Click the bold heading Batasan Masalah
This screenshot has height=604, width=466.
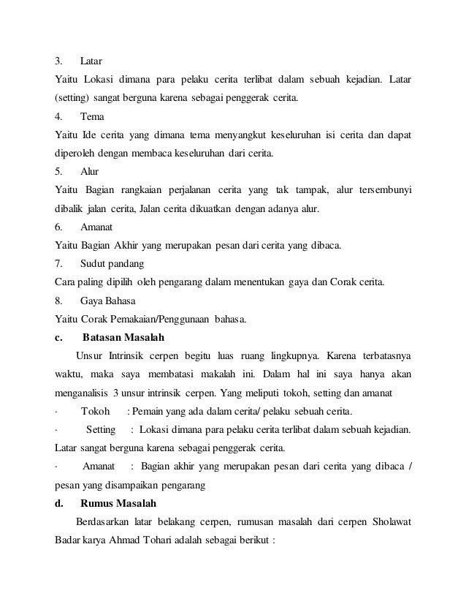coord(123,338)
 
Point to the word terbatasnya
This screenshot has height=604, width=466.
coord(378,357)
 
